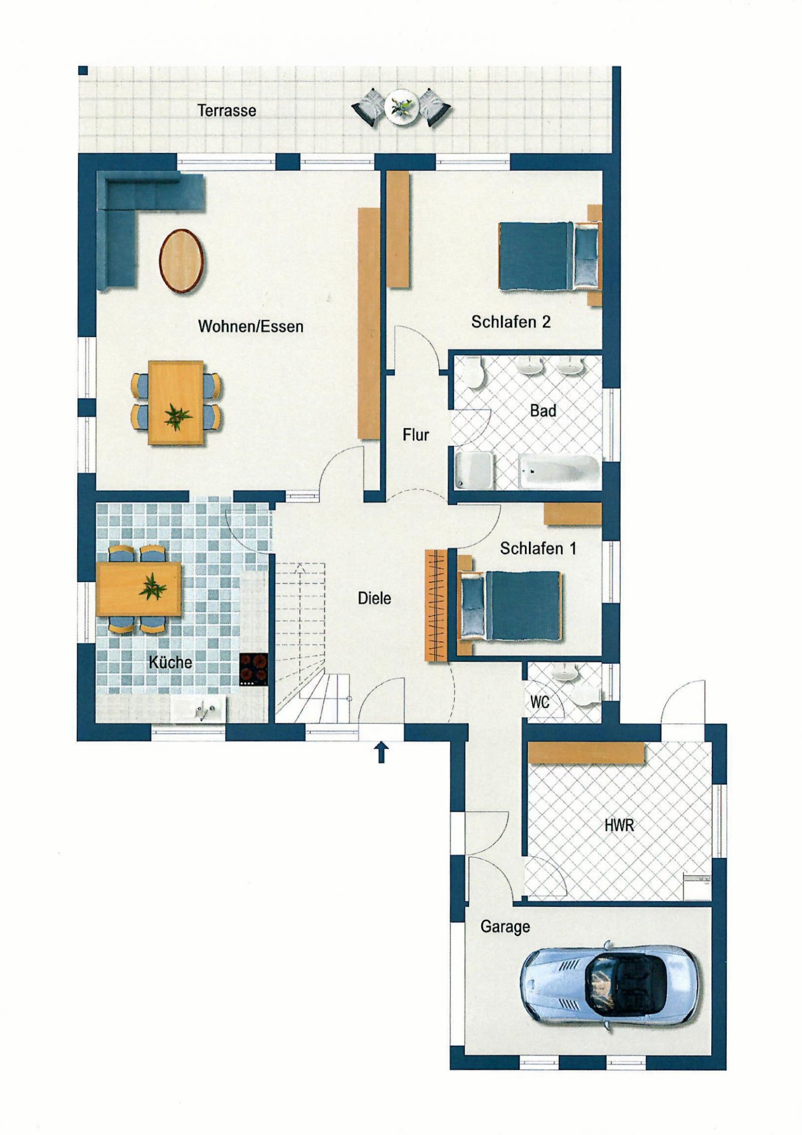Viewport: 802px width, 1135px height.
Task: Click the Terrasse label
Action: point(227,110)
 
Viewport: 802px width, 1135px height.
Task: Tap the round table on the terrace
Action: point(401,107)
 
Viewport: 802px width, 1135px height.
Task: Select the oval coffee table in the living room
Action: point(181,261)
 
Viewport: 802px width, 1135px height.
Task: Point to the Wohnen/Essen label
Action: point(251,326)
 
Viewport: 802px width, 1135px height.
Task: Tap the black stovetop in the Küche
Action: point(253,669)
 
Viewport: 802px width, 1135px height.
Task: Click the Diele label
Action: point(374,598)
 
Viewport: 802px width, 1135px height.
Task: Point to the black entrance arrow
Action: point(381,752)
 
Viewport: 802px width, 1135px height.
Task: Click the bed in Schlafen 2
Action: point(549,256)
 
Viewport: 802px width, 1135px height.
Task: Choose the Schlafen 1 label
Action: point(538,548)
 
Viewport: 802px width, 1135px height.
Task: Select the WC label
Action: point(540,702)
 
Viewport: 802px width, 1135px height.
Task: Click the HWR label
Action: point(619,825)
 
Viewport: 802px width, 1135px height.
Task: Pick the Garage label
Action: point(505,926)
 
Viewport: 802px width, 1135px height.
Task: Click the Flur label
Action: point(416,435)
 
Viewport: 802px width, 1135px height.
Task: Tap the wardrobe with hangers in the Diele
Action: point(436,606)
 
